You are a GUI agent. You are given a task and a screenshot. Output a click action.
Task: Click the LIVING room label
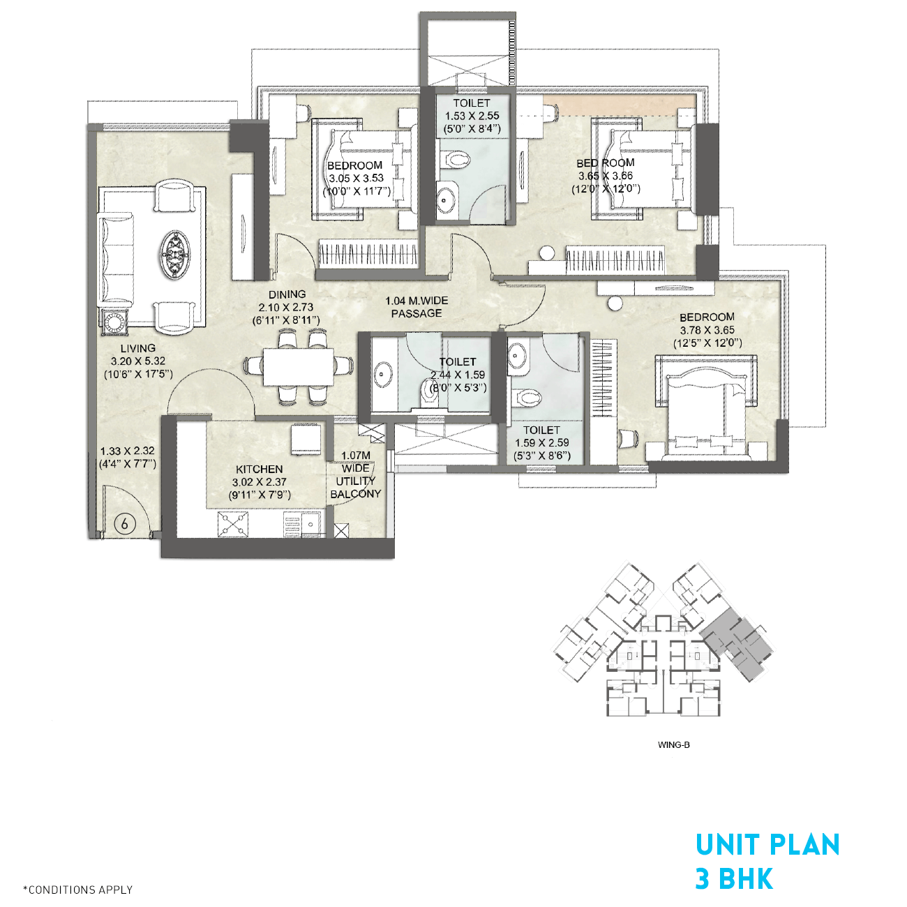pyautogui.click(x=137, y=348)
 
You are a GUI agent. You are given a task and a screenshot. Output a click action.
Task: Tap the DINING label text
pyautogui.click(x=287, y=294)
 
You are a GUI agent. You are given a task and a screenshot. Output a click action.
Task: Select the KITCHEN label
pyautogui.click(x=259, y=470)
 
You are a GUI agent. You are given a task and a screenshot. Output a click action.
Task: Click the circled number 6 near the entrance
pyautogui.click(x=124, y=523)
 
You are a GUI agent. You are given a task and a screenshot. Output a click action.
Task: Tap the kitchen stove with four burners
pyautogui.click(x=233, y=525)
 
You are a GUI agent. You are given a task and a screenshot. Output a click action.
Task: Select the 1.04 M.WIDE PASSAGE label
pyautogui.click(x=417, y=307)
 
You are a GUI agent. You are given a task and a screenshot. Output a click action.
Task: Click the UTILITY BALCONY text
pyautogui.click(x=356, y=487)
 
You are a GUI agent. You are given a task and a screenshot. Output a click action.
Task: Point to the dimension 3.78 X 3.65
pyautogui.click(x=707, y=330)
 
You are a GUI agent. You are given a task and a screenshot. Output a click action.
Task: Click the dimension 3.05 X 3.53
pyautogui.click(x=356, y=178)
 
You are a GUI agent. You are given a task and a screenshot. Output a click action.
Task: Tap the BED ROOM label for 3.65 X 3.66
pyautogui.click(x=605, y=163)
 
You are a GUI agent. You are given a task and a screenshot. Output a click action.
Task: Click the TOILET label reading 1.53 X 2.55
pyautogui.click(x=472, y=103)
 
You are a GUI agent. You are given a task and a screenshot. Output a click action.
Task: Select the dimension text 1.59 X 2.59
pyautogui.click(x=541, y=443)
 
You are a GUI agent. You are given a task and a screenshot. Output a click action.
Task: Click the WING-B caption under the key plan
pyautogui.click(x=673, y=744)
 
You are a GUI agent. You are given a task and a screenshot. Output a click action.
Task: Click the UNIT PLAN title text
pyautogui.click(x=767, y=845)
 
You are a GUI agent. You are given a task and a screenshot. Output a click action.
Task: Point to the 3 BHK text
pyautogui.click(x=734, y=879)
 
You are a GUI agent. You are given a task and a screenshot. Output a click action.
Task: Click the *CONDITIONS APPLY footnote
pyautogui.click(x=77, y=890)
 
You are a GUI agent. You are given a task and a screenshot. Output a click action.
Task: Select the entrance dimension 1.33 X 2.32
pyautogui.click(x=128, y=451)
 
